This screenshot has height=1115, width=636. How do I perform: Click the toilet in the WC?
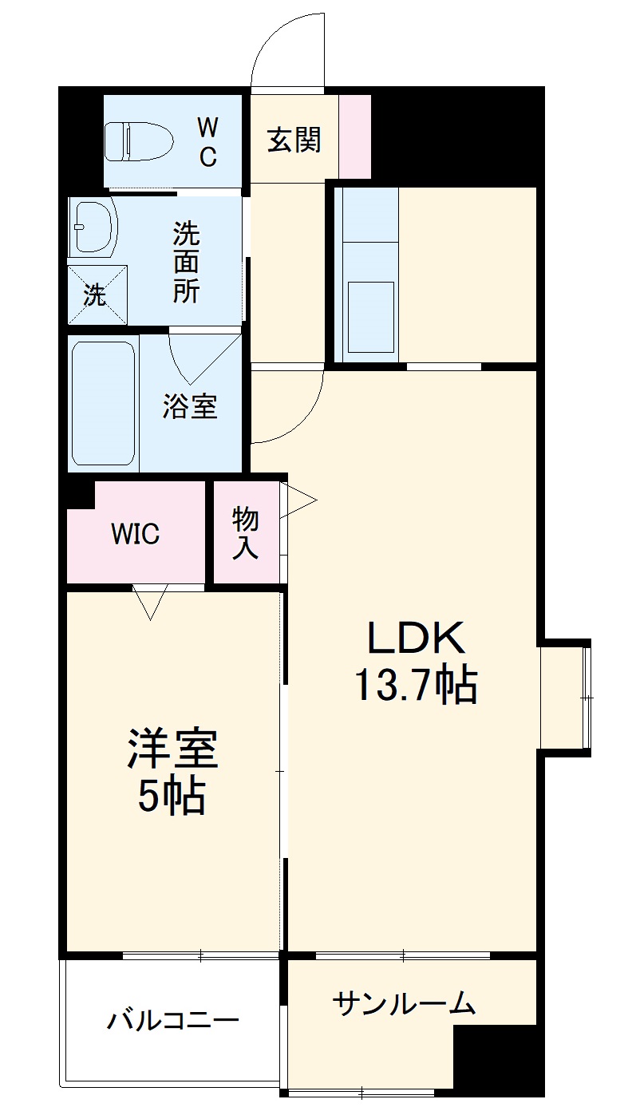139,141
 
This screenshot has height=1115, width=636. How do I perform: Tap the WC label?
207,140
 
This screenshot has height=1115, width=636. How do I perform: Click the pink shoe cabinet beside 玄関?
355,136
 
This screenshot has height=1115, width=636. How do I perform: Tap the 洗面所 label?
187,263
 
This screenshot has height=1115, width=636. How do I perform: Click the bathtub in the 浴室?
103,403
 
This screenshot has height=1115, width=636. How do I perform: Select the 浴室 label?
189,407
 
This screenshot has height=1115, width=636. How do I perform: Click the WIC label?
135,533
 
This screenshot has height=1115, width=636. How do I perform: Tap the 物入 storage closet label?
245,533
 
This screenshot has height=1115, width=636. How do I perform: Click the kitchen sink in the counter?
370,318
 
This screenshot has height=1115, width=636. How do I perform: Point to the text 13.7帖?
415,684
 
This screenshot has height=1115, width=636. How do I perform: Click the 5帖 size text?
171,796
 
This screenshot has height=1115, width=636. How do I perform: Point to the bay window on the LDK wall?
567,698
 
